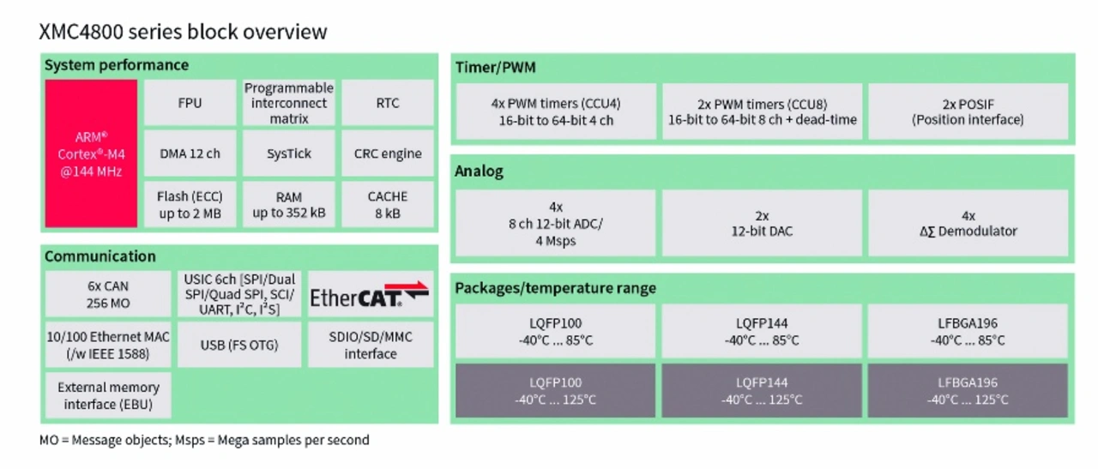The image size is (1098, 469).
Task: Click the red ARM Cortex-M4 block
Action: [x=91, y=153]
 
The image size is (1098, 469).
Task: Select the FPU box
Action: [x=190, y=103]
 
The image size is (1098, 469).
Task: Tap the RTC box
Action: [x=388, y=103]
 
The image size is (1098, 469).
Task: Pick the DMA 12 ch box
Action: [x=190, y=153]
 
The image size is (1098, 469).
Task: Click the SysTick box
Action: [x=289, y=153]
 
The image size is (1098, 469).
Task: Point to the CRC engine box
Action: [x=388, y=153]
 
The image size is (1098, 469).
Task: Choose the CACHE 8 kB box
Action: [x=388, y=204]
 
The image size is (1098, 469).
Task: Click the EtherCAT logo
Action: [x=370, y=295]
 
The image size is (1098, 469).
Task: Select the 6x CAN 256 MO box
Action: [x=108, y=294]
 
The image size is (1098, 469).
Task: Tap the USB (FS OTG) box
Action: [x=239, y=345]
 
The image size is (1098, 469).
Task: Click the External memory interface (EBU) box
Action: [x=108, y=395]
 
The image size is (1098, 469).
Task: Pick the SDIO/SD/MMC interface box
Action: [x=371, y=345]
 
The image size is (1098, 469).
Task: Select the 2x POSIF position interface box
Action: [x=968, y=111]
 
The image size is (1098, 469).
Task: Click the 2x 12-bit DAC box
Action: [x=763, y=223]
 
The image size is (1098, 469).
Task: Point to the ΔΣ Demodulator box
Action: [x=968, y=223]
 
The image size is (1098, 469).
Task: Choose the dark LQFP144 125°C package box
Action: [x=762, y=391]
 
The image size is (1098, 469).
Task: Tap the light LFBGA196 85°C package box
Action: [x=968, y=331]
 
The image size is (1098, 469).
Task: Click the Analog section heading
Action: [x=479, y=171]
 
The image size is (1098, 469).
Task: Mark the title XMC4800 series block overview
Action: [x=183, y=32]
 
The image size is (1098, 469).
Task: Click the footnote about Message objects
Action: [x=204, y=440]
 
